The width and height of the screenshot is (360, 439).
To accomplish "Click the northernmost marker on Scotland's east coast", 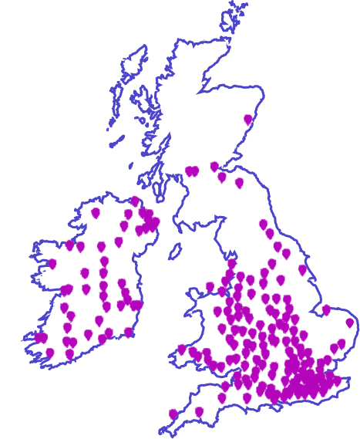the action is [x=247, y=120].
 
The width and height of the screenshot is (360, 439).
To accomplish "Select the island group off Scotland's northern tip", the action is [x=236, y=17].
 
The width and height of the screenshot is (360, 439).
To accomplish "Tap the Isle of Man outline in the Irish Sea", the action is [x=175, y=252].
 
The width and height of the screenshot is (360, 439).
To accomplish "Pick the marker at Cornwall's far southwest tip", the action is [x=173, y=414].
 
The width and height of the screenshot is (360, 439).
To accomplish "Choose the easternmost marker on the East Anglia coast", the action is [x=349, y=322].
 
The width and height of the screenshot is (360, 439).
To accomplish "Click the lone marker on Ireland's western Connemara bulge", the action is [x=52, y=264].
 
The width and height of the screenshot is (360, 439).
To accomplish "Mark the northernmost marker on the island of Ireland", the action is [x=135, y=201].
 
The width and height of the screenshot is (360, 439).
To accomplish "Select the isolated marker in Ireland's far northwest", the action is [x=96, y=212].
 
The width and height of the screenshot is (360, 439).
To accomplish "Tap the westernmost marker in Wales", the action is [x=182, y=349].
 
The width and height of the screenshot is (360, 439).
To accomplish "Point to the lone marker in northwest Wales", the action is [x=210, y=286].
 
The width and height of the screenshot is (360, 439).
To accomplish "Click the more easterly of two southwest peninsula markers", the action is [x=199, y=412].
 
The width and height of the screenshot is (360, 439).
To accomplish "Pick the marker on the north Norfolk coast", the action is [x=326, y=309].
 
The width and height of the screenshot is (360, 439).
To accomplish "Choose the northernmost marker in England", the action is [x=263, y=224].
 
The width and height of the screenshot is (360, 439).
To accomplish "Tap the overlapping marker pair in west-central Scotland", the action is [x=192, y=171].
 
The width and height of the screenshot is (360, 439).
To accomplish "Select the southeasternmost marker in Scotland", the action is [x=239, y=183].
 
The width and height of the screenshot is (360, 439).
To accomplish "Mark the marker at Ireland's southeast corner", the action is [x=129, y=332].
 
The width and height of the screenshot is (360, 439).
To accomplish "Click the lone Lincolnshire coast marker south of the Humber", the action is [x=302, y=270].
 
